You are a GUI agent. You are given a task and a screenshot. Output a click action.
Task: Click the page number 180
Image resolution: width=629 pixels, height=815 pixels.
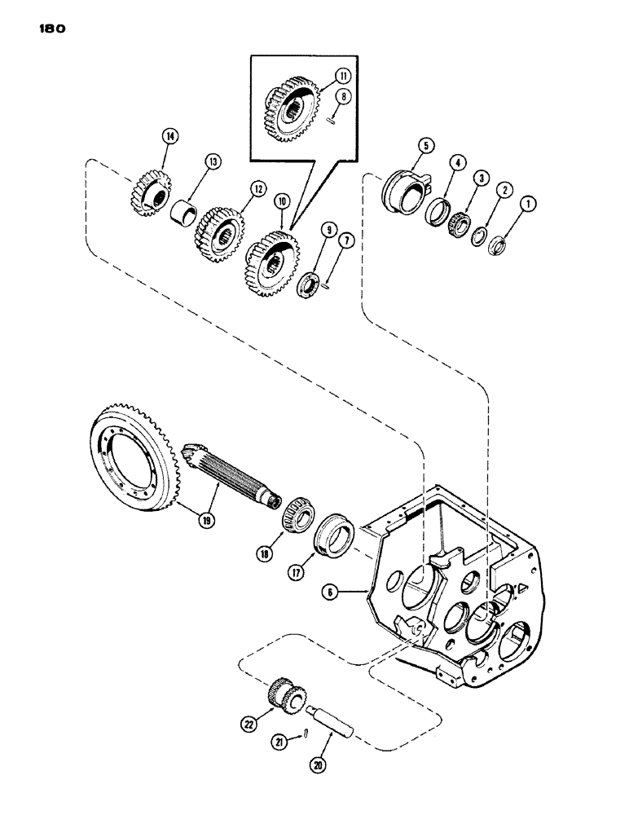point(51,29)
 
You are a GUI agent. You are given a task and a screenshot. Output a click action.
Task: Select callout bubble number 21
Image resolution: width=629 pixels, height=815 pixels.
point(280,742)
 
